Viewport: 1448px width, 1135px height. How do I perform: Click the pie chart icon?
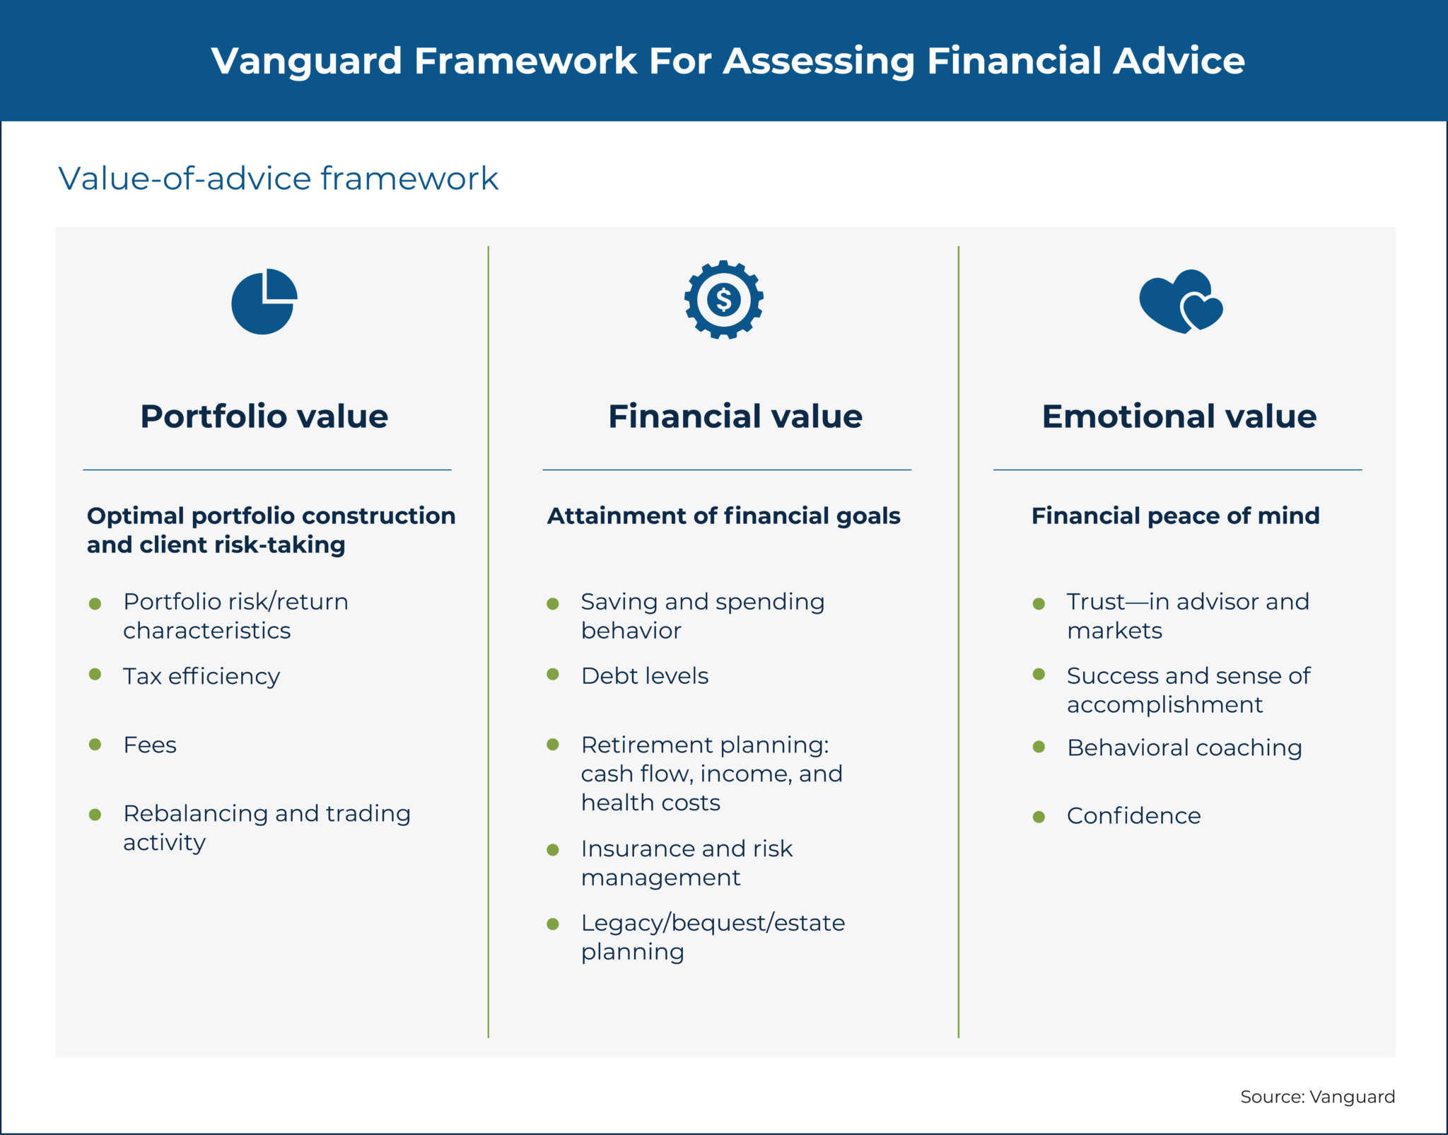(263, 302)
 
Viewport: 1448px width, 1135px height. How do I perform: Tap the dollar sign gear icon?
(723, 300)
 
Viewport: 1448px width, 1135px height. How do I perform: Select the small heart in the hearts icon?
(1202, 311)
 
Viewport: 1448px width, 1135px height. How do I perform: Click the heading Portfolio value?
(264, 416)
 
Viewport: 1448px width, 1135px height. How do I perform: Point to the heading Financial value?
(735, 416)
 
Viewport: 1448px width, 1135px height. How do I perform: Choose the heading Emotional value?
(1179, 416)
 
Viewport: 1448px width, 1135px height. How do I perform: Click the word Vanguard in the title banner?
(306, 61)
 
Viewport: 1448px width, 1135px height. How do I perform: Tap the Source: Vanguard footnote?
(1316, 1096)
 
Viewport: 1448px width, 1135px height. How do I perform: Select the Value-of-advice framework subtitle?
(278, 178)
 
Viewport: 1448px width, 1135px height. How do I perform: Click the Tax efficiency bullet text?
(202, 676)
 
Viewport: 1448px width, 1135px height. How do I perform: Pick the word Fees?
(150, 745)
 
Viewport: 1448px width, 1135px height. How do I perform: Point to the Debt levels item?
(644, 676)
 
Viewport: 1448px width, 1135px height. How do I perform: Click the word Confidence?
(1133, 816)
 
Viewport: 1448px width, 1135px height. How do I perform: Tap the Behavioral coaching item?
(1184, 747)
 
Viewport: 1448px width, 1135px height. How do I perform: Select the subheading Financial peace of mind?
(1175, 516)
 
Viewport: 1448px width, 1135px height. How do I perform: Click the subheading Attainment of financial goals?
(723, 516)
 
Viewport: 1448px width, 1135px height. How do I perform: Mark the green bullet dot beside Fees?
(95, 745)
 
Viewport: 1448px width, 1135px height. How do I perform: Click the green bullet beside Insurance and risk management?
(553, 850)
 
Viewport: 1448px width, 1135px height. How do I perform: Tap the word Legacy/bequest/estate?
(713, 923)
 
